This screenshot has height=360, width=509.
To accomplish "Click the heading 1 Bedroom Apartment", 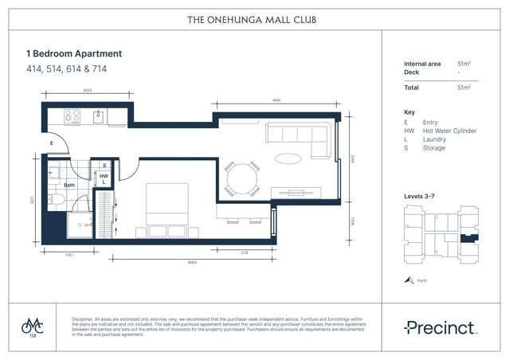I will [x=74, y=53].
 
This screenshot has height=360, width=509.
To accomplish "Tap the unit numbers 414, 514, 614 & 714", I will [x=66, y=69].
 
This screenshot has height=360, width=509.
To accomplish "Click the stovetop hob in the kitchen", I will [x=72, y=116].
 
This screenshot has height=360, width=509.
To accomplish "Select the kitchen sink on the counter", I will [x=99, y=116].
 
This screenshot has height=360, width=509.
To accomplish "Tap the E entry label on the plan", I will [x=51, y=143].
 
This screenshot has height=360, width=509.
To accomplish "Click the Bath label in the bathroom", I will [x=69, y=185].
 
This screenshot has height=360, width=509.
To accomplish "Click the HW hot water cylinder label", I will [x=104, y=175].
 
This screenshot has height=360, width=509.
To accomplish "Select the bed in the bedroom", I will [x=166, y=204].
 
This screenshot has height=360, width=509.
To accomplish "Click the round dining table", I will [x=241, y=179].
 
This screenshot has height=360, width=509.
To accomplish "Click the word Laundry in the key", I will [x=435, y=139].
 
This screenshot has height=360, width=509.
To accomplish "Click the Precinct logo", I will [x=439, y=327].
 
